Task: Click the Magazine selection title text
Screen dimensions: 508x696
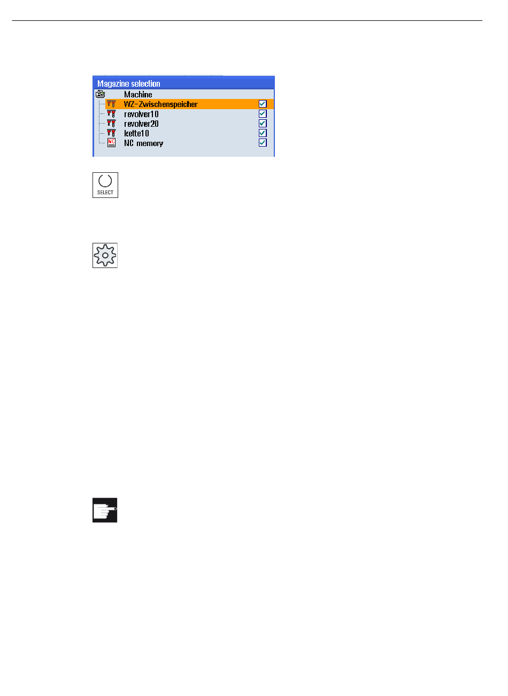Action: [128, 83]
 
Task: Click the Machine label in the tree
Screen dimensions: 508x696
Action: [138, 95]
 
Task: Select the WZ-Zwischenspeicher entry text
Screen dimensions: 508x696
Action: [160, 104]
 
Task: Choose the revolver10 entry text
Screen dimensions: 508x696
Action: [141, 114]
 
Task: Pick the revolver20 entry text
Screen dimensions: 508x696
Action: [141, 124]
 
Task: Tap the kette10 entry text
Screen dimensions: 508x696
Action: [136, 133]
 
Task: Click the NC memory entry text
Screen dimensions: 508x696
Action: [143, 143]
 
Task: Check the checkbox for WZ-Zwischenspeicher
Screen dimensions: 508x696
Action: [263, 104]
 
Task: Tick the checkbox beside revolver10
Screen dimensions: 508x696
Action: [263, 113]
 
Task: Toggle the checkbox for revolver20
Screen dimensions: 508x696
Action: [263, 123]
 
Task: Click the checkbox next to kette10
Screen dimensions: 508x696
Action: [263, 133]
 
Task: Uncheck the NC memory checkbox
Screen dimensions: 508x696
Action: [263, 142]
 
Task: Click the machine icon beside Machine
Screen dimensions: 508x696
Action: [100, 94]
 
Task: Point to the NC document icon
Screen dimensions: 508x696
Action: [111, 143]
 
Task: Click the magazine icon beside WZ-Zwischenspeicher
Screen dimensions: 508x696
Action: [111, 104]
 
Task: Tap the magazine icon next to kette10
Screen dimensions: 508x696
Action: [111, 133]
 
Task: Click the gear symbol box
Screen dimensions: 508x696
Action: [105, 255]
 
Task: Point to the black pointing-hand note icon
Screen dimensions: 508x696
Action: [105, 510]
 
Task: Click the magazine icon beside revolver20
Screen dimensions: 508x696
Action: [111, 124]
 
